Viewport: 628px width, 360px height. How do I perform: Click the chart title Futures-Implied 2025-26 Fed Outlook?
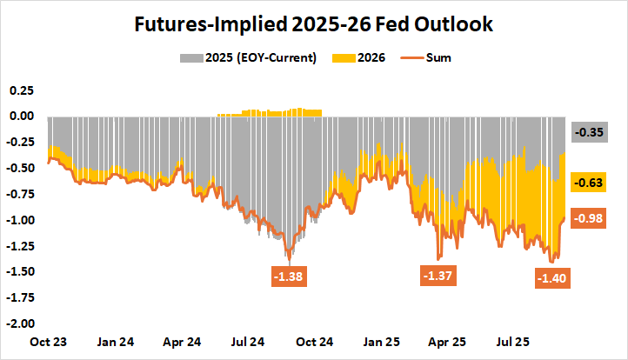coord(314,24)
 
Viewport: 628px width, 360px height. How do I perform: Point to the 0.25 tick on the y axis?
coord(21,90)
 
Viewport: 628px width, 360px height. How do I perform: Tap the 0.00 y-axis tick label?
coord(21,116)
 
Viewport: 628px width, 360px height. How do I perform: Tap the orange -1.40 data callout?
coord(551,278)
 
